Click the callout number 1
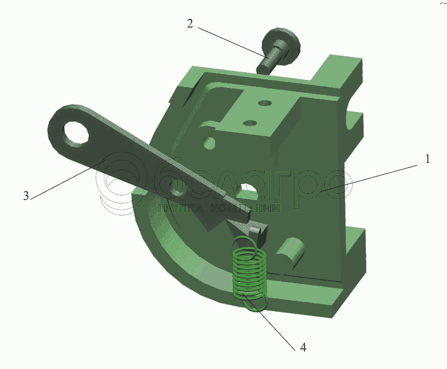(427, 159)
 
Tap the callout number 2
(190, 23)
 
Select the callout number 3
(26, 196)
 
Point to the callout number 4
(303, 347)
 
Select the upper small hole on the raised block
(265, 102)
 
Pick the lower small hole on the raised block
(250, 123)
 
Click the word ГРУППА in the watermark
(180, 209)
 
